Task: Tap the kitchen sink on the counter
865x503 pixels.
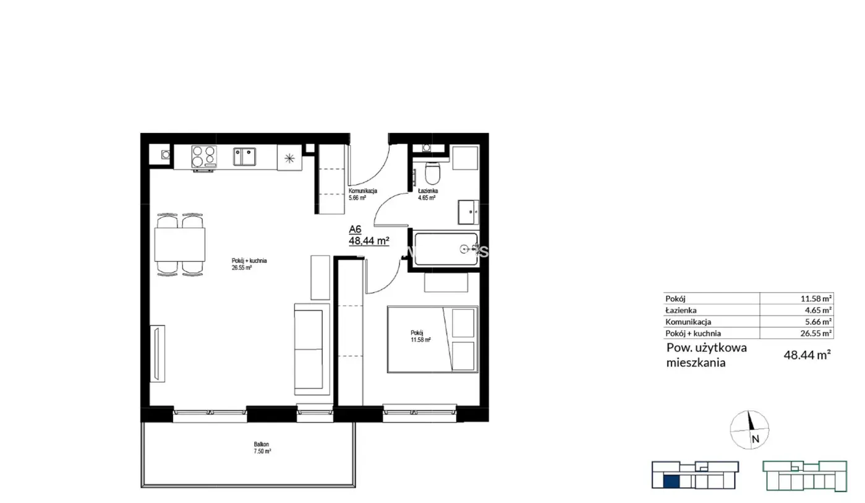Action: coord(244,157)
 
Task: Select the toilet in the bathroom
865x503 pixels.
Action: coord(433,173)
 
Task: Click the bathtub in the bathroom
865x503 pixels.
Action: coord(446,249)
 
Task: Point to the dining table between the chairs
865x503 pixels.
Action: coord(179,244)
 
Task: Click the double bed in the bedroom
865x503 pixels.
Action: coord(433,339)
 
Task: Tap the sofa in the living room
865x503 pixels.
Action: coord(312,349)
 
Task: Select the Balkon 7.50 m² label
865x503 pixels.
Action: coord(262,448)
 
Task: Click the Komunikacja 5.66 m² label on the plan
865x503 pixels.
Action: coord(362,194)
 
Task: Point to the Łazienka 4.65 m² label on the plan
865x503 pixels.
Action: coord(428,194)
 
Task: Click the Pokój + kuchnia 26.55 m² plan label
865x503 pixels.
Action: coord(249,264)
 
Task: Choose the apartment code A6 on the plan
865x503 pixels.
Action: coord(355,230)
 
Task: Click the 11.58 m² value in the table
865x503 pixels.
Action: coord(816,299)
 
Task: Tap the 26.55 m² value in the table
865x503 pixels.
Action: coord(816,333)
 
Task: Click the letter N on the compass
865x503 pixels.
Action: coord(756,439)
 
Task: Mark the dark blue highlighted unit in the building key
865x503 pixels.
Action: coord(671,482)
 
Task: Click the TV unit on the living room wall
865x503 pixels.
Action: coord(158,353)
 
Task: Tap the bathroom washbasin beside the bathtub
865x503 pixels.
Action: coord(469,212)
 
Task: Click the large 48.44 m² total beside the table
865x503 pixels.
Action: coord(807,355)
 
